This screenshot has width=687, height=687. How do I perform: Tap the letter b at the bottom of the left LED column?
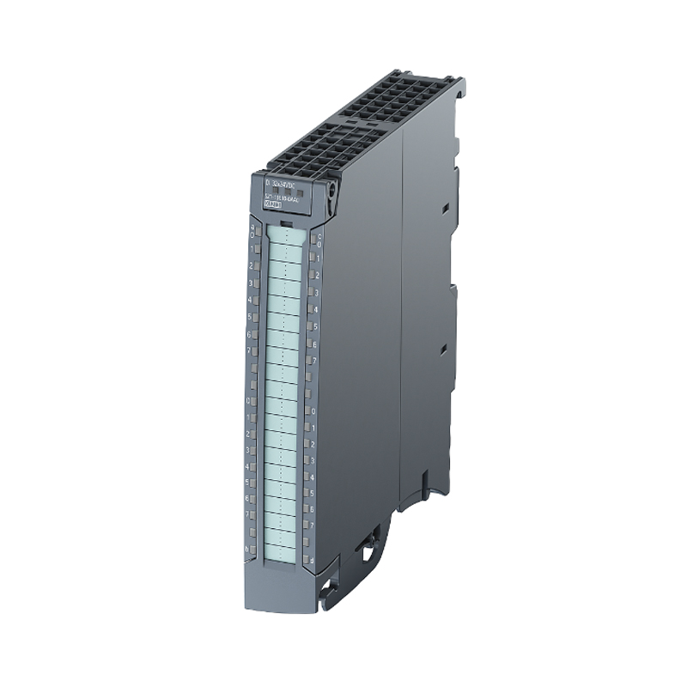tap(249, 547)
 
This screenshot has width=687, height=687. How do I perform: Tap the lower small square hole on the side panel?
tap(443, 349)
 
